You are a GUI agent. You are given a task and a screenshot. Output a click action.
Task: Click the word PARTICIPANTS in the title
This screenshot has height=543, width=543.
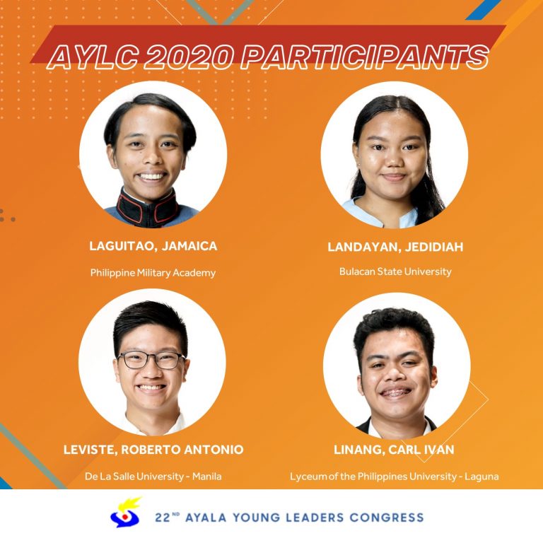pos(365,57)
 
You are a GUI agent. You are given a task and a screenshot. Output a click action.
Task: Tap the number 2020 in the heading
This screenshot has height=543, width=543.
pos(187,57)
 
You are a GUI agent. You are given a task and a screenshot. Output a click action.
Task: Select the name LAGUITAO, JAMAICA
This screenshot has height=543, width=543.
pos(153,246)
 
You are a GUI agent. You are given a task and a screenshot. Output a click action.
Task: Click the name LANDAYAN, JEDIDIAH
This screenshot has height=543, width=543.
pos(395,247)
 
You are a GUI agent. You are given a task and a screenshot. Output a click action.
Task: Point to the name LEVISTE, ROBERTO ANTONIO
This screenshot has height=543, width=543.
pos(153,450)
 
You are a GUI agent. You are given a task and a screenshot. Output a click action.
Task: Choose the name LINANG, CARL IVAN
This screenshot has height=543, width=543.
pos(394,450)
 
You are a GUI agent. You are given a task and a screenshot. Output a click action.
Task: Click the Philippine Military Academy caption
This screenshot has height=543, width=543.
pos(153,273)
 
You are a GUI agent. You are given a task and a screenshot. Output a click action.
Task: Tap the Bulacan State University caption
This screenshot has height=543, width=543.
pos(395,271)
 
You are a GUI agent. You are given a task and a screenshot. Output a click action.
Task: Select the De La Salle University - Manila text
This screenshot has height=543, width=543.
pos(153,476)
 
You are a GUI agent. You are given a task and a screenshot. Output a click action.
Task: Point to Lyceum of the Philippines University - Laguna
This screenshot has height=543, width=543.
pos(394,477)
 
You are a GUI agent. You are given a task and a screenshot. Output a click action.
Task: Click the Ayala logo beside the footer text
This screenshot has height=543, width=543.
pos(125,513)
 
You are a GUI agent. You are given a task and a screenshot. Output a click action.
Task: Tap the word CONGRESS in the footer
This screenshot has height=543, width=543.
pos(387,518)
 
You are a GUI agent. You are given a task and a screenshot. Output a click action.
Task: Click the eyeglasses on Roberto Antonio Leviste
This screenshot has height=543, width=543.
pos(151,360)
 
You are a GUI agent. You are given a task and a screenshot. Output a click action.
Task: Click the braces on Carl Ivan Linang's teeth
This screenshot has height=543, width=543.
pos(396,392)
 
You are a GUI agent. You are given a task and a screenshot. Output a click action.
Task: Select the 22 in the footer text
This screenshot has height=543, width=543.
pos(163,518)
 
